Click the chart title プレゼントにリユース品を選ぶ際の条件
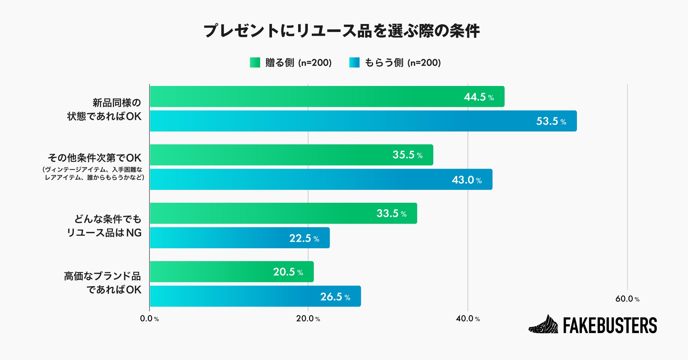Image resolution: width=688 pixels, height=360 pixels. (x=341, y=31)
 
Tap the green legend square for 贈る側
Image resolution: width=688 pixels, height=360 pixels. (x=255, y=63)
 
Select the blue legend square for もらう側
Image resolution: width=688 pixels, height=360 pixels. (x=354, y=63)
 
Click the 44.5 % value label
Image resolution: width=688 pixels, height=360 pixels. (x=479, y=97)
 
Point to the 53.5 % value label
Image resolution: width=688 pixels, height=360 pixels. (x=551, y=121)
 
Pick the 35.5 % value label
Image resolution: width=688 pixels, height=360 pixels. (x=407, y=155)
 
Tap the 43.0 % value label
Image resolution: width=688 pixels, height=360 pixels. (x=467, y=180)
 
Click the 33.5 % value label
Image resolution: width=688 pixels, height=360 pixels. (x=391, y=213)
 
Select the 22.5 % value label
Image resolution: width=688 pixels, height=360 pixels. (x=304, y=238)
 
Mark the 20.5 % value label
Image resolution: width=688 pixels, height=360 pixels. (x=288, y=272)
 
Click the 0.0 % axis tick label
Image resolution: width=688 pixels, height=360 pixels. (x=149, y=319)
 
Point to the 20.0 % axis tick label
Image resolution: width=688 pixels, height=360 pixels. (x=308, y=319)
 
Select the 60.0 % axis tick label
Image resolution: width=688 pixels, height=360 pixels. (x=627, y=299)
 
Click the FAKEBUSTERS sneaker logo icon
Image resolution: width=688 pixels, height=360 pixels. (x=544, y=325)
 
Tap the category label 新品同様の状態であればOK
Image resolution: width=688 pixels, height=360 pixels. (x=105, y=110)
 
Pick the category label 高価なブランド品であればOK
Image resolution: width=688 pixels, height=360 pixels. (x=103, y=283)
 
